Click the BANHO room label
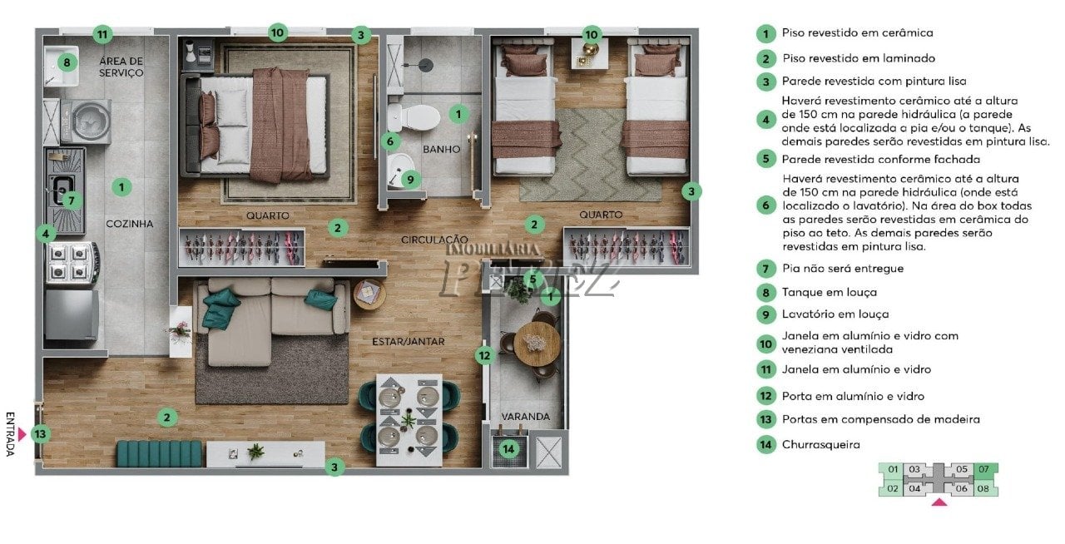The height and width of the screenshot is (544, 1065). coord(441,150)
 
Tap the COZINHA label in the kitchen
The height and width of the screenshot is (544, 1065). coord(129,224)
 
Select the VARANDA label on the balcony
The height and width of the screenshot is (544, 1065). coord(525,417)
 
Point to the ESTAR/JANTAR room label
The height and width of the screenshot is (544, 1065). coord(409,341)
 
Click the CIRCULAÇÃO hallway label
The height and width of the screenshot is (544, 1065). coord(434,240)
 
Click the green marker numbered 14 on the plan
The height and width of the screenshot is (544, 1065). coord(508,449)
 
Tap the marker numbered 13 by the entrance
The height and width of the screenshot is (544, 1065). coord(41,434)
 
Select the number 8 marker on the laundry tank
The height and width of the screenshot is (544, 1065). coord(67,62)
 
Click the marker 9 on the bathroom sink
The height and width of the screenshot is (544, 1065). coord(410,180)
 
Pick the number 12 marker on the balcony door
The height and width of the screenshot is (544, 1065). coord(484,356)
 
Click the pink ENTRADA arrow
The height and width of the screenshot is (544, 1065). coord(22,434)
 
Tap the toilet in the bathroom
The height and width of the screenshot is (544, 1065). coord(414,117)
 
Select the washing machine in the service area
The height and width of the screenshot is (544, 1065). coord(87,121)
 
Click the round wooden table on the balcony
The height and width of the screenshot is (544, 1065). coord(537,344)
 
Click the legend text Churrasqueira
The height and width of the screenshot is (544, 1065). coord(821,445)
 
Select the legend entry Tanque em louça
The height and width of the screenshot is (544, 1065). coord(830,292)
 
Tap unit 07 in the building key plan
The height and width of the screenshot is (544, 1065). coord(983,469)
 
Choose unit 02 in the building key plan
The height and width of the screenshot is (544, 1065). coord(893,488)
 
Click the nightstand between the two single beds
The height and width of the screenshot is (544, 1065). coord(590,54)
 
